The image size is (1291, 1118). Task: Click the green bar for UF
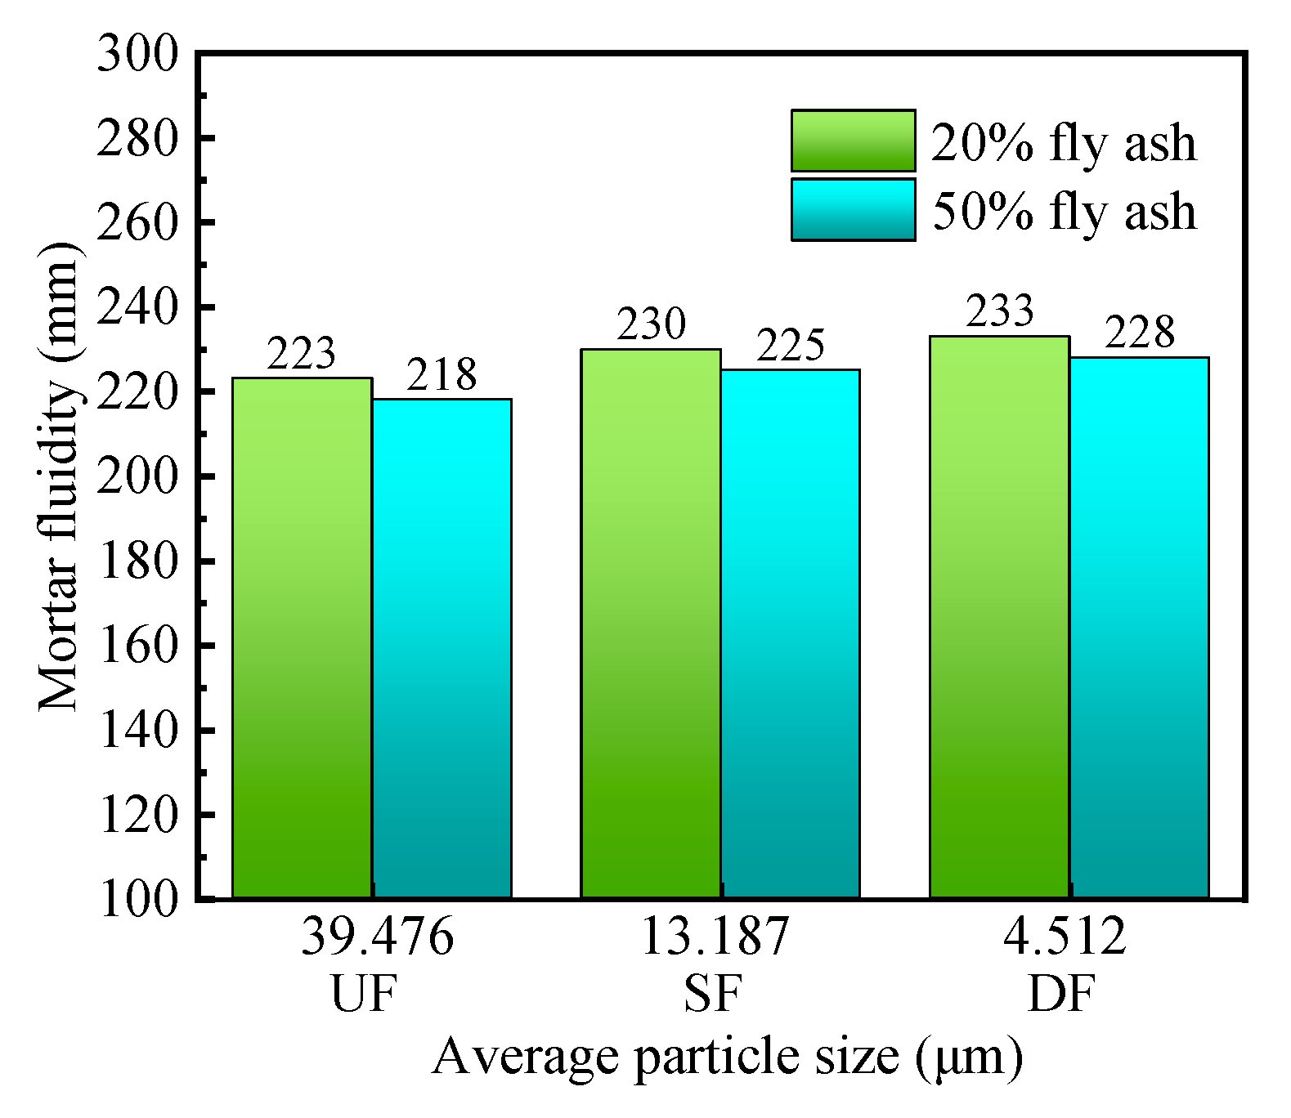tap(303, 637)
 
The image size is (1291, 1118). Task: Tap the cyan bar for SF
tap(791, 633)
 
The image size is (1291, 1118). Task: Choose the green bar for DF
tap(1000, 617)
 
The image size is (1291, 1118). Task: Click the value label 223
tap(302, 354)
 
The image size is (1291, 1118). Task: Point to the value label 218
tap(442, 375)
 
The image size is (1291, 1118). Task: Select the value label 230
tap(651, 324)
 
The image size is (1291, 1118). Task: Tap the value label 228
tap(1140, 333)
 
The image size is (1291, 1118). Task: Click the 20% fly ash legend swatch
tap(853, 141)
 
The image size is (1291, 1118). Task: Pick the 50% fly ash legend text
tap(1065, 211)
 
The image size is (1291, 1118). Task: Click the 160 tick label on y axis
tap(137, 646)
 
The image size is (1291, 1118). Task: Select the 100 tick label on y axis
tap(137, 899)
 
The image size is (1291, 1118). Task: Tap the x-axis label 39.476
tap(377, 937)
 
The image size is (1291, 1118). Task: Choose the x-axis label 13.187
tap(714, 937)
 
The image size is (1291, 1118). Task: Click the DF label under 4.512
tap(1060, 995)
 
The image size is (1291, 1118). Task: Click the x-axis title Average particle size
tap(726, 1057)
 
